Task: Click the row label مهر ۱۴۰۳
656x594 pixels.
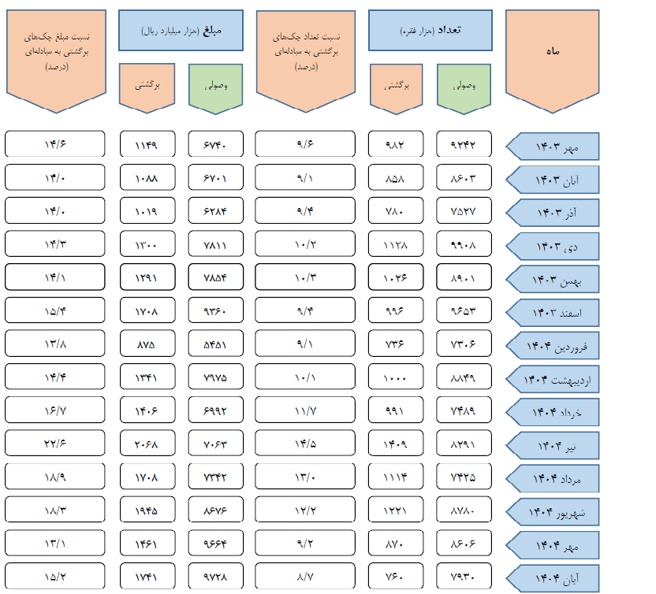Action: (557, 147)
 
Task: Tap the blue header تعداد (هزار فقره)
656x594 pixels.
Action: (430, 31)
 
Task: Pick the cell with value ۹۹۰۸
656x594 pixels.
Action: (464, 244)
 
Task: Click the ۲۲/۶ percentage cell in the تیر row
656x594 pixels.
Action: (55, 443)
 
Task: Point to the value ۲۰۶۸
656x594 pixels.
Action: (147, 443)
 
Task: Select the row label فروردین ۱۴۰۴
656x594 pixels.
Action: (557, 345)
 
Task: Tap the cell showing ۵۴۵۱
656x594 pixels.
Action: (214, 343)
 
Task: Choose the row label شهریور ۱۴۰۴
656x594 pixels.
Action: (557, 512)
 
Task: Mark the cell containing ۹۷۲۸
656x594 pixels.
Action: (214, 576)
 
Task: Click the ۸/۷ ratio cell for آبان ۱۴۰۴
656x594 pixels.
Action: (305, 576)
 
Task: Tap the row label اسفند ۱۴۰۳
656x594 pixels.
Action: (557, 312)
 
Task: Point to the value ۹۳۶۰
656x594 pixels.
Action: (214, 310)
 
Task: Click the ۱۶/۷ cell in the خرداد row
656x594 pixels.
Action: (55, 410)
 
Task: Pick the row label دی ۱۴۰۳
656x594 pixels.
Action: (557, 246)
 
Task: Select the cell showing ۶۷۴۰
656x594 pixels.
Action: (214, 145)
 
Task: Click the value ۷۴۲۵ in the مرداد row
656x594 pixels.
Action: (464, 477)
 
